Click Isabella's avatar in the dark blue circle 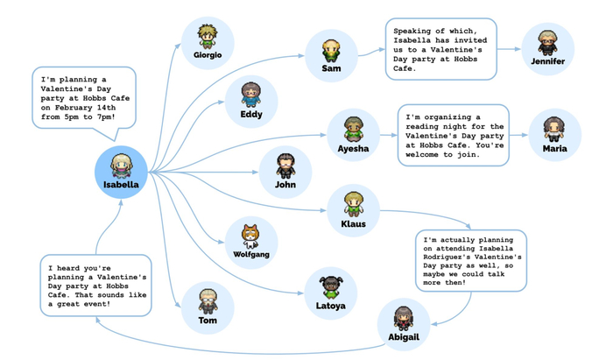[x=121, y=166]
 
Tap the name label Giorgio [x=208, y=55]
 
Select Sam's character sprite [x=331, y=49]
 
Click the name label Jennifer [x=547, y=61]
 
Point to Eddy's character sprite [x=251, y=94]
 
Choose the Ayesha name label [x=353, y=149]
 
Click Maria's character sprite [x=554, y=129]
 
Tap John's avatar [x=285, y=165]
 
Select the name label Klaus [x=353, y=224]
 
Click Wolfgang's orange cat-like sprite [x=250, y=235]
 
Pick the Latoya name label [x=330, y=306]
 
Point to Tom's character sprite [x=208, y=300]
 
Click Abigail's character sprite [x=404, y=317]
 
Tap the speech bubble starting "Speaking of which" [x=440, y=50]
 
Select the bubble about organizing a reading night [x=454, y=135]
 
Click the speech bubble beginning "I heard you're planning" [x=95, y=286]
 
